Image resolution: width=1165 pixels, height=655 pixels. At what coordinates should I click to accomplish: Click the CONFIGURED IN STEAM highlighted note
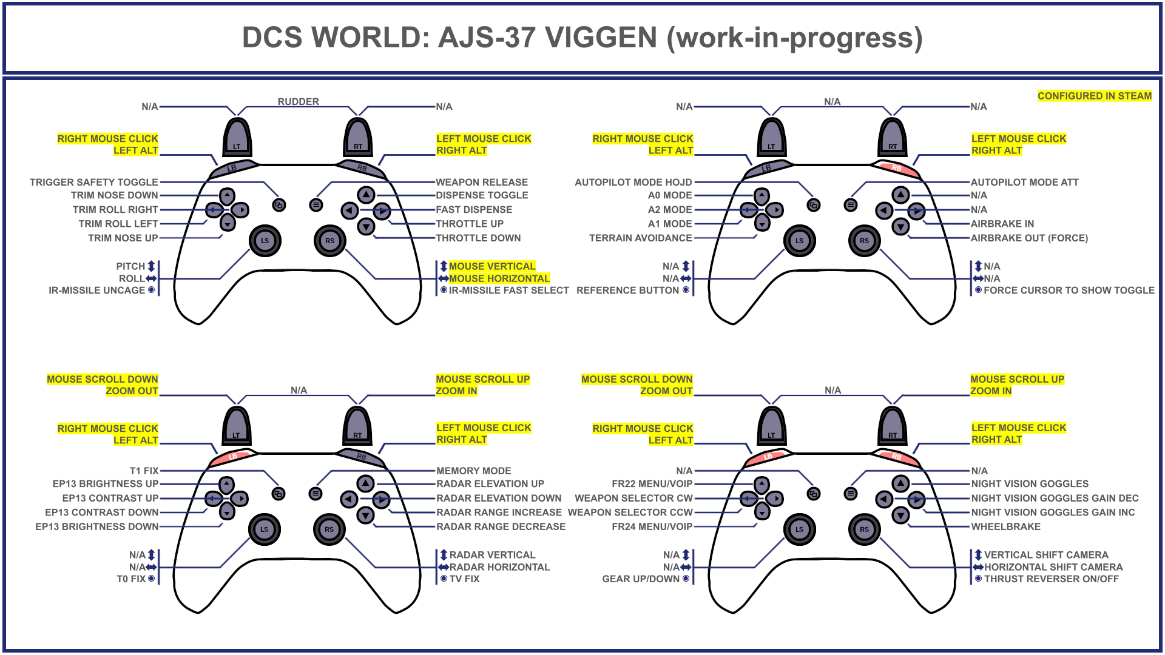(1094, 96)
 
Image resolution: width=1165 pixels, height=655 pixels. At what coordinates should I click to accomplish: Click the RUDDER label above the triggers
(298, 101)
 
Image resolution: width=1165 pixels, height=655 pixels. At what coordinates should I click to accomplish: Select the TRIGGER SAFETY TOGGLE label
(93, 182)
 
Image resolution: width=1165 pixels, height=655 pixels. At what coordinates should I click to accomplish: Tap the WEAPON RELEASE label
(482, 182)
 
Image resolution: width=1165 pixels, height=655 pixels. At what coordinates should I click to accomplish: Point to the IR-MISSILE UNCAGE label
(96, 291)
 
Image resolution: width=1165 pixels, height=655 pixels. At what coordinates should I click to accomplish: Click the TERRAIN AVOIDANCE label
(640, 238)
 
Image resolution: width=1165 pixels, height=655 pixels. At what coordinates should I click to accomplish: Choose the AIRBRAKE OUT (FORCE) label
(1029, 238)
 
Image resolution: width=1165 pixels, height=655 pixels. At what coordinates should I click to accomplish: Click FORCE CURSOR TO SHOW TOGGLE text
(1069, 291)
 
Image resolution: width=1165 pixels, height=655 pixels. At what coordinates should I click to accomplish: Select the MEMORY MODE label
(473, 471)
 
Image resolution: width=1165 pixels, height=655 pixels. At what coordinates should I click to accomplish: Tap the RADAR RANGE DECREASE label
(501, 526)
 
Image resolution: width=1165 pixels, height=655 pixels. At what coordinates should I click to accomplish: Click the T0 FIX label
(131, 579)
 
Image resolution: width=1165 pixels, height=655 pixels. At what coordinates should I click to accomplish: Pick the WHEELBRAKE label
(1005, 526)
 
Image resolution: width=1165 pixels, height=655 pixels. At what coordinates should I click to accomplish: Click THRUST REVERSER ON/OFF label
(1051, 579)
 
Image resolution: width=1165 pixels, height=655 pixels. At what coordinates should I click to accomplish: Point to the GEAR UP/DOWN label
(640, 579)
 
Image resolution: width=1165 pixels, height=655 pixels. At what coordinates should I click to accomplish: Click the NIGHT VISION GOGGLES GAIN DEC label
(1055, 498)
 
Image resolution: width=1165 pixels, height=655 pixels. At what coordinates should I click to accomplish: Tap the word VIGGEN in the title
(601, 38)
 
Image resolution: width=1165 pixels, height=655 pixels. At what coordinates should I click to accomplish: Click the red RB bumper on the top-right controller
(896, 168)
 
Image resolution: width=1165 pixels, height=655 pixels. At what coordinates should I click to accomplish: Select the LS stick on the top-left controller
(265, 240)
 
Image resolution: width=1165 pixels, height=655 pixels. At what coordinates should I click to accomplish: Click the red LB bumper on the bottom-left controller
(232, 457)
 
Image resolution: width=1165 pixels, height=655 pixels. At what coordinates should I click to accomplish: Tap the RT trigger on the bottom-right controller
(893, 426)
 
